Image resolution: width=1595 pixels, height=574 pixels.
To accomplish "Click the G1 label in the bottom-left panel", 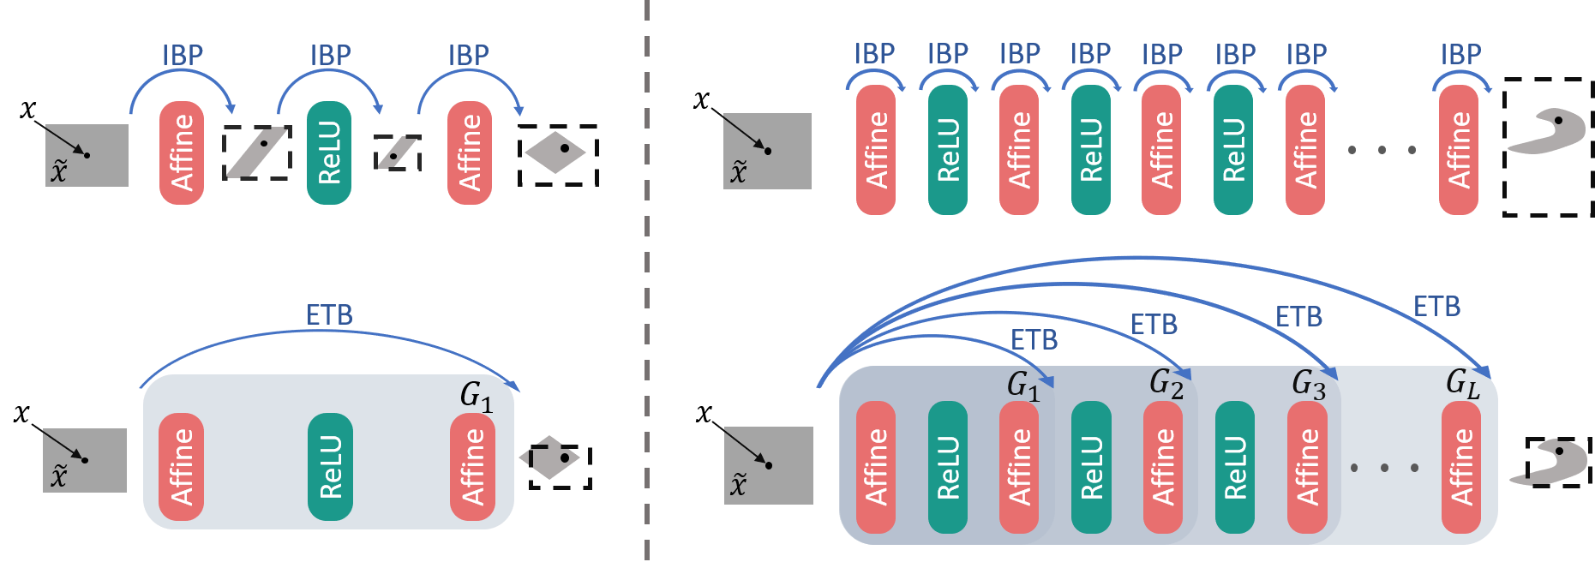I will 477,397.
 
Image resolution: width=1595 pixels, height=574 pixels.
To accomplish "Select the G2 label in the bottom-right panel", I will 1166,382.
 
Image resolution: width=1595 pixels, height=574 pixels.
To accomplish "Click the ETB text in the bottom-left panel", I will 329,315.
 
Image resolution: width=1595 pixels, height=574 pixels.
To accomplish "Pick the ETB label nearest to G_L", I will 1436,307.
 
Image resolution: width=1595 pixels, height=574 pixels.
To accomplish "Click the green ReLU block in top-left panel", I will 329,152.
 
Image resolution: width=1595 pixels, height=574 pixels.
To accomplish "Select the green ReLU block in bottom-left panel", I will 330,466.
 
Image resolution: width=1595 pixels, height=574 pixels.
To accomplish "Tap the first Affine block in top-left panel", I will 182,152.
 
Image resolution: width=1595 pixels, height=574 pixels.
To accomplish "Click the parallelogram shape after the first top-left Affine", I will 257,152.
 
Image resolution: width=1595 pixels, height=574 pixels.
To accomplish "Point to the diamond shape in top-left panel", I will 555,152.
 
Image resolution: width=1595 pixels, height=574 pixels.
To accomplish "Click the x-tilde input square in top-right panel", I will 767,151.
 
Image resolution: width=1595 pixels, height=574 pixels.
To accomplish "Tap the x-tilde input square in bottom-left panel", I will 85,460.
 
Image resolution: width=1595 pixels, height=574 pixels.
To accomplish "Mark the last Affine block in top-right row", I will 1458,149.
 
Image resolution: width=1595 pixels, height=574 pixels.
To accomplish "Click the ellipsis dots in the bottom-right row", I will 1383,468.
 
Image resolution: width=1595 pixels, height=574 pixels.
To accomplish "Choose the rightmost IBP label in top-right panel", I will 1460,55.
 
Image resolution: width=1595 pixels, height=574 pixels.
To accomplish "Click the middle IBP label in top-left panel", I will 330,56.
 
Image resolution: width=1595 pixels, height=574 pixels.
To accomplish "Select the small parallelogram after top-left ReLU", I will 398,152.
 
